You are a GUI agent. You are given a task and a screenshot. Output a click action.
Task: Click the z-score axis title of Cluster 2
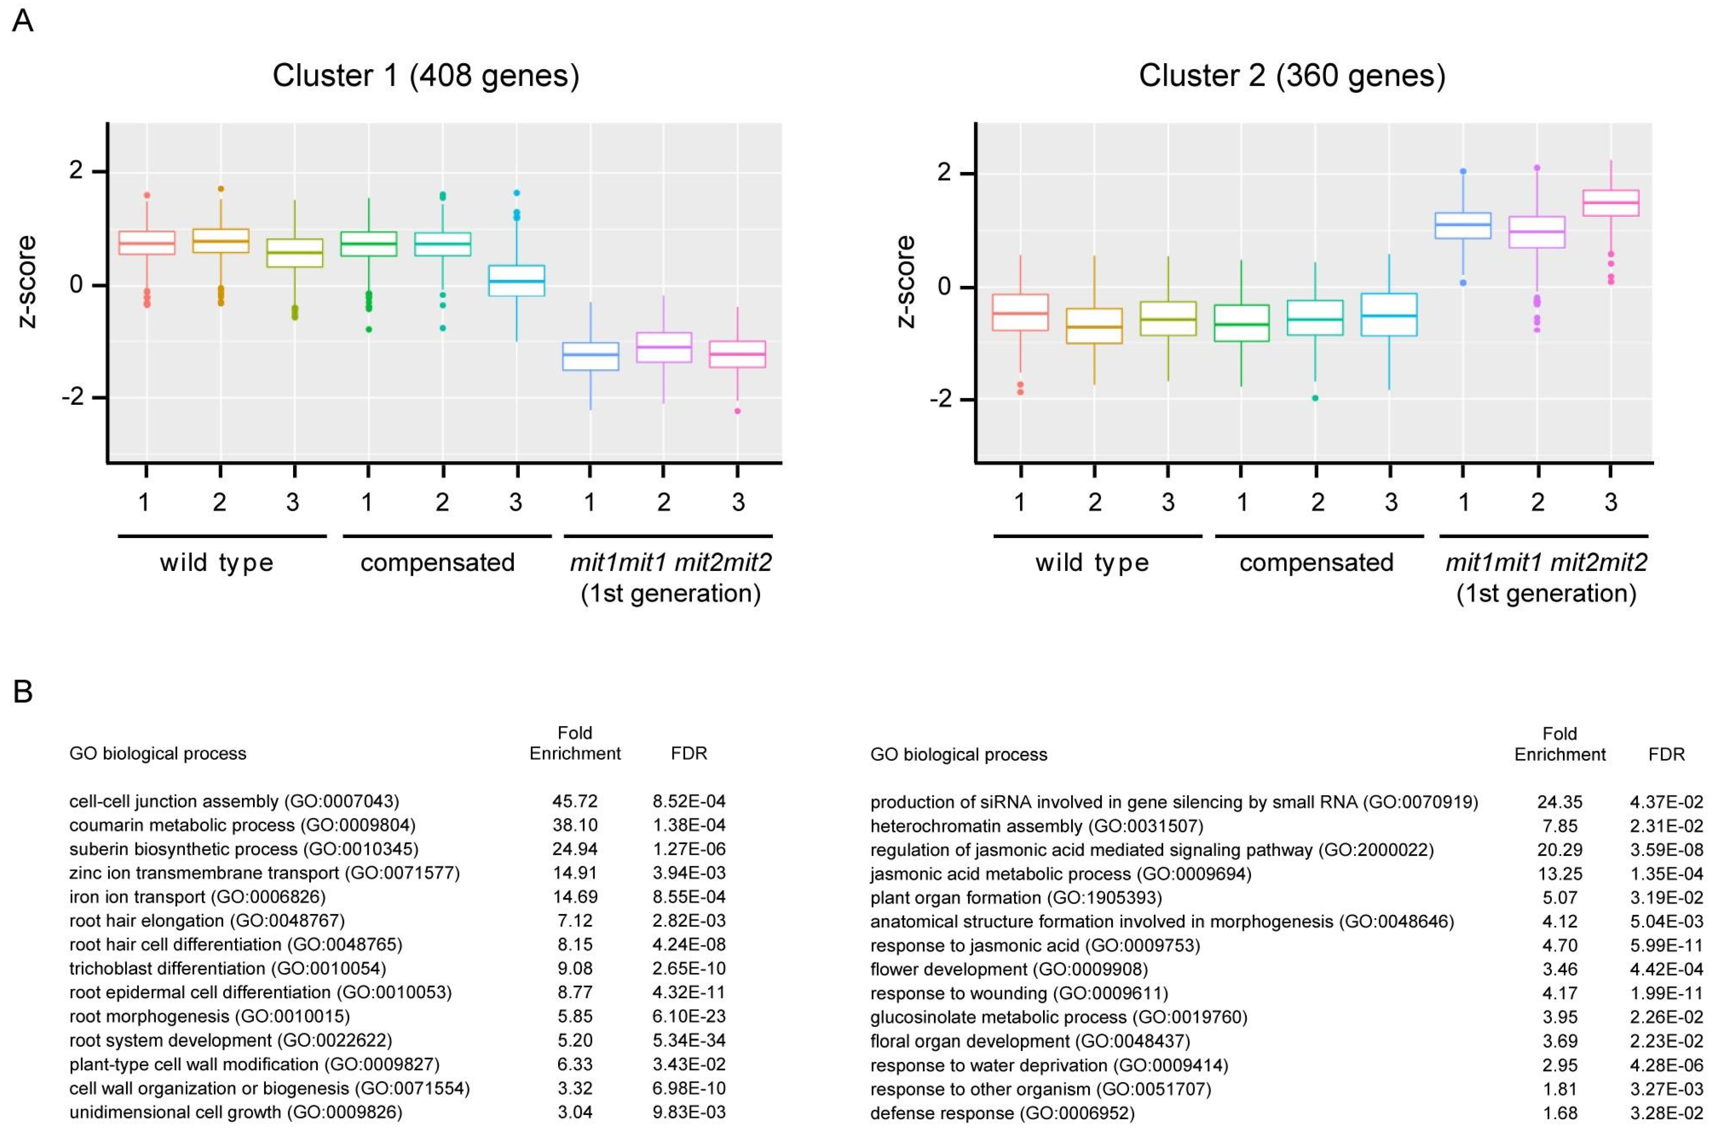pyautogui.click(x=904, y=282)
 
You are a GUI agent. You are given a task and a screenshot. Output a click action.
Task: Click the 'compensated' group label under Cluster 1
pyautogui.click(x=437, y=563)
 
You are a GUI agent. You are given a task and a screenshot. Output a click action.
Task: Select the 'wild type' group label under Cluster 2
pyautogui.click(x=1091, y=563)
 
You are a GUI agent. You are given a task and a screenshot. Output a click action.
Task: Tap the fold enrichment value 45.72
pyautogui.click(x=575, y=801)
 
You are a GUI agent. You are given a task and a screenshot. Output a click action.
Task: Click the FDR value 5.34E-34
pyautogui.click(x=689, y=1040)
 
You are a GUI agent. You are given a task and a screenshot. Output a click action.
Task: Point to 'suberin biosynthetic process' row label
pyautogui.click(x=243, y=849)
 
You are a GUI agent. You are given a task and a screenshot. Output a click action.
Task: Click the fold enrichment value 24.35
pyautogui.click(x=1560, y=802)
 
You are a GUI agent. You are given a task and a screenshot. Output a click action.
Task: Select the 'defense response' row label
pyautogui.click(x=1002, y=1114)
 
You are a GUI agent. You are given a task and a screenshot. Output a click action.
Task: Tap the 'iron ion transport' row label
pyautogui.click(x=197, y=897)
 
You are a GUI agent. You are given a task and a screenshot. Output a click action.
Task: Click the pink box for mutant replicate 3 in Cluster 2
pyautogui.click(x=1611, y=203)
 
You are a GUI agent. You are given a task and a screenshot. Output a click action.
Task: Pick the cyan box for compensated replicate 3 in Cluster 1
pyautogui.click(x=516, y=280)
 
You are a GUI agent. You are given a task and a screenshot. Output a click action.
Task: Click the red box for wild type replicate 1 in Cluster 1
pyautogui.click(x=147, y=243)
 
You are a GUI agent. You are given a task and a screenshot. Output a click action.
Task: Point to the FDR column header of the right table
pyautogui.click(x=1666, y=754)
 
